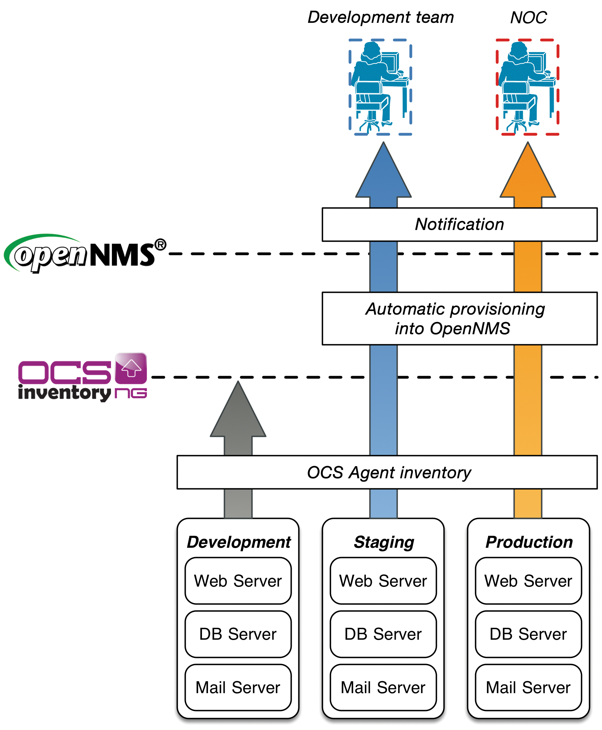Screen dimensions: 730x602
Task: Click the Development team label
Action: (x=380, y=17)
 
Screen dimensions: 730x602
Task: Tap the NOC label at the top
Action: (x=528, y=17)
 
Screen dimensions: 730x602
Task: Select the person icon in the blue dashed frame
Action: (x=380, y=87)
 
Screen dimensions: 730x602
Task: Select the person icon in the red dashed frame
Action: (x=527, y=87)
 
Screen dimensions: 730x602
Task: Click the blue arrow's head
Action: (x=383, y=173)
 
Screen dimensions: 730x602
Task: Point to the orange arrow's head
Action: (x=528, y=173)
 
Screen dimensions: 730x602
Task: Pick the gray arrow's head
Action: (x=238, y=412)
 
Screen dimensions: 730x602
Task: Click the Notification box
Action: (x=459, y=224)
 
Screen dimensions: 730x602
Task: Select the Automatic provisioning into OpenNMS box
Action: (x=459, y=318)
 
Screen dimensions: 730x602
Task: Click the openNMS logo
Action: (x=85, y=254)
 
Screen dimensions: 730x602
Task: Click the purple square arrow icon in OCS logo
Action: (x=131, y=368)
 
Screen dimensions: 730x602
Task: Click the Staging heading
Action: (x=383, y=542)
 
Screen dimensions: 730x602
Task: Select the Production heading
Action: (x=529, y=542)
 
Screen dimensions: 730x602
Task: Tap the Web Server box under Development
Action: (x=238, y=581)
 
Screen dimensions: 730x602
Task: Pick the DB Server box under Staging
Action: (x=383, y=634)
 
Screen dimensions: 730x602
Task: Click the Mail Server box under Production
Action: (x=528, y=688)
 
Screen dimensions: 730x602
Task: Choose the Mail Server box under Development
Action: (x=238, y=688)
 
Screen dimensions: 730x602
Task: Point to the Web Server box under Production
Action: (x=528, y=581)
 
